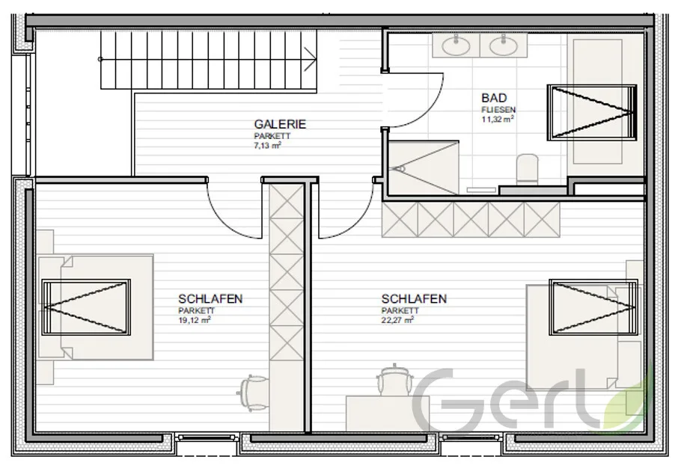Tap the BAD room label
(494, 98)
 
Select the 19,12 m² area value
(195, 320)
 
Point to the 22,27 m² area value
(397, 320)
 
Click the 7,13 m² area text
(267, 146)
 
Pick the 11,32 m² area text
(498, 119)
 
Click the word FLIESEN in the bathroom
(498, 110)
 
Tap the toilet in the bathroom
(527, 169)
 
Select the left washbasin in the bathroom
(456, 45)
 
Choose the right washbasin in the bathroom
(504, 45)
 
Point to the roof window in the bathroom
(592, 113)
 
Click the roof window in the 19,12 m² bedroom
(86, 307)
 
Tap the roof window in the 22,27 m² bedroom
(593, 307)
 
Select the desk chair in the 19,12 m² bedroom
(253, 392)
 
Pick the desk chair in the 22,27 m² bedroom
(394, 380)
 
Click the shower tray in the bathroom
(423, 167)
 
